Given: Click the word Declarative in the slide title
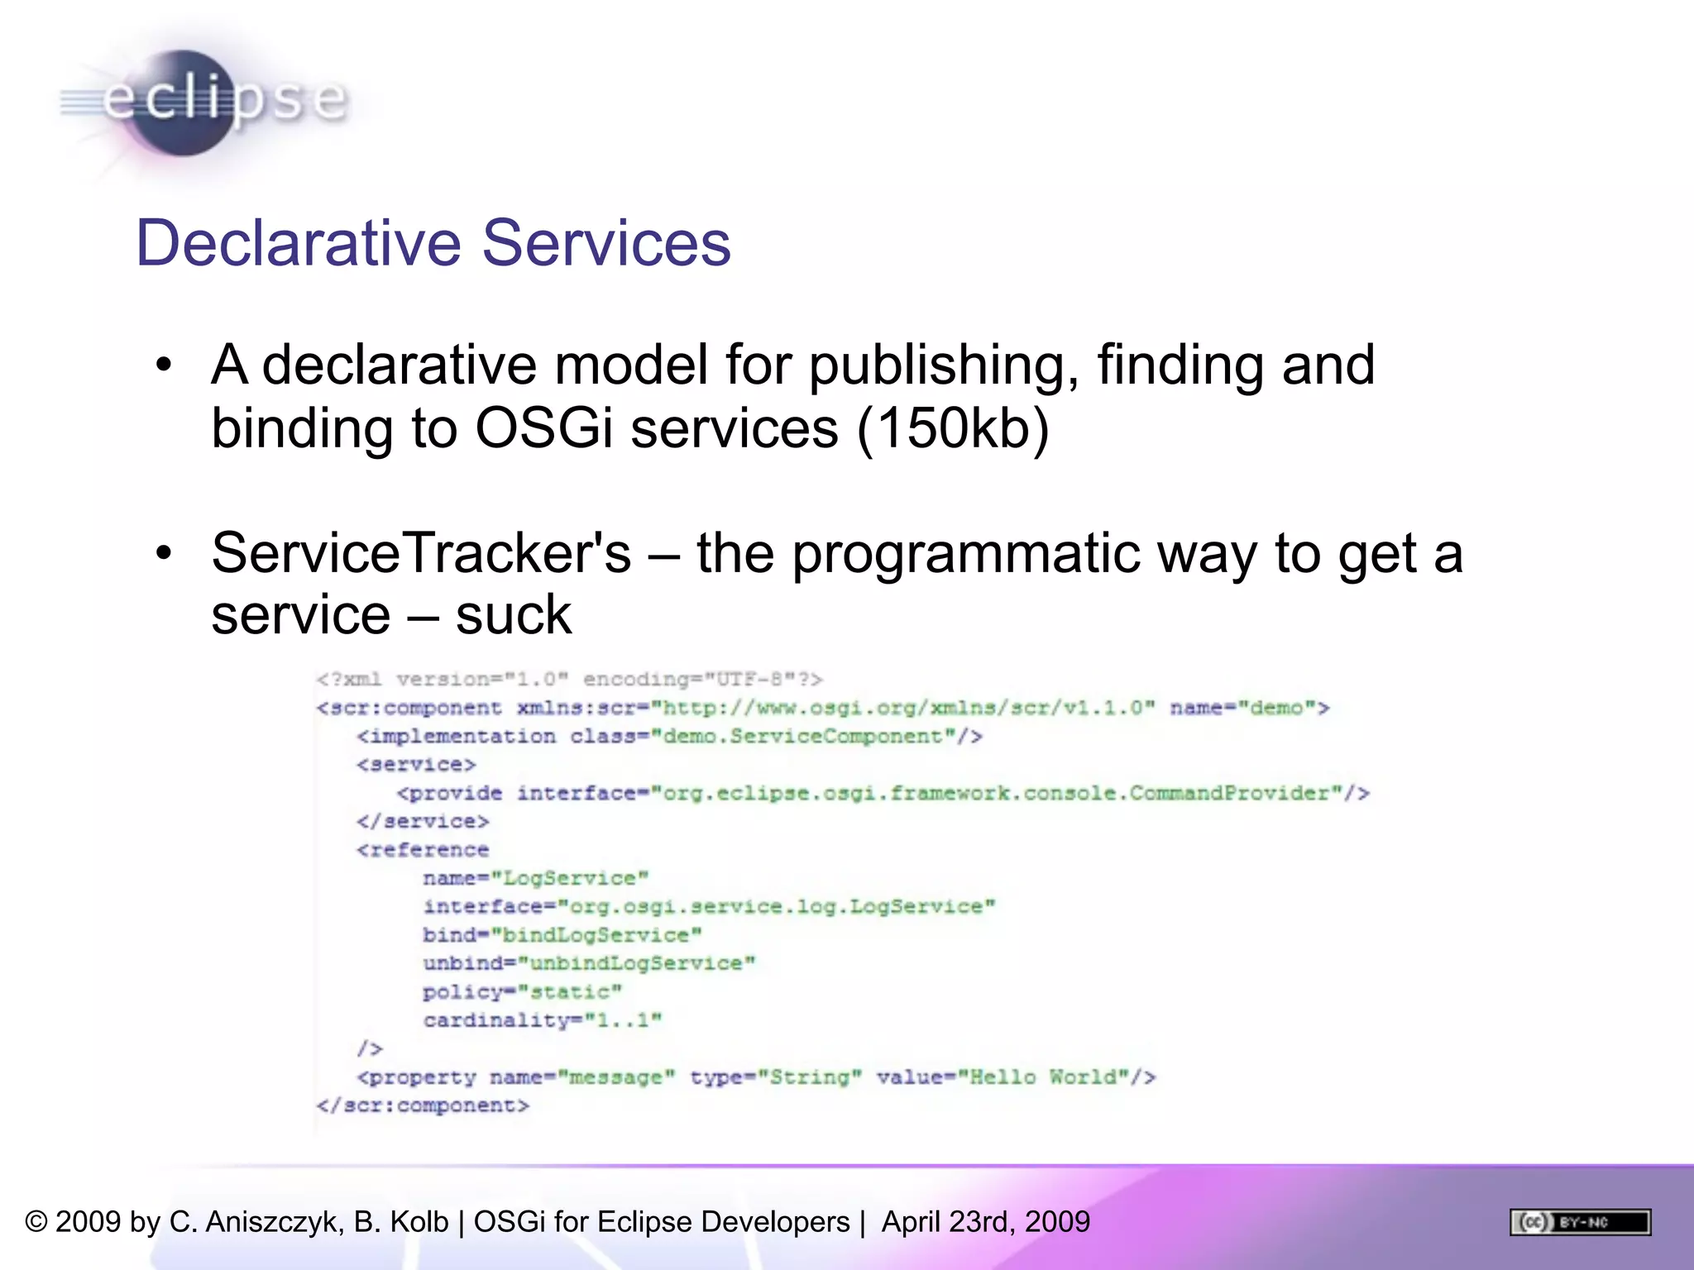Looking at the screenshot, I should tap(299, 243).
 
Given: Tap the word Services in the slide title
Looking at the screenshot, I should tap(606, 243).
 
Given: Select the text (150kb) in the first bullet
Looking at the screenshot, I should tap(953, 428).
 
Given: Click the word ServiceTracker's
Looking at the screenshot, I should tap(421, 553).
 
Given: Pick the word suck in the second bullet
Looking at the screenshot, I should tap(513, 615).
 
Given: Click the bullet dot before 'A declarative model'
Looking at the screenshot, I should tap(164, 365).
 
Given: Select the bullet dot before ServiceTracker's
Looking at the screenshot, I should tap(164, 553).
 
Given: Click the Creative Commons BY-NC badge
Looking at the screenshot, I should tap(1580, 1222).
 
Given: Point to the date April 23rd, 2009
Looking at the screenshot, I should tap(986, 1222).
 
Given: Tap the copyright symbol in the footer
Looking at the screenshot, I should tap(36, 1222).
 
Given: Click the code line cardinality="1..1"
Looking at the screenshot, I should tap(543, 1020).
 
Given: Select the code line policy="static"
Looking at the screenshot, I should tap(522, 991).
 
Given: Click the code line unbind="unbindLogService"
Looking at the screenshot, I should tap(589, 963).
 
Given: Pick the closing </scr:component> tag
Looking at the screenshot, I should tap(423, 1105).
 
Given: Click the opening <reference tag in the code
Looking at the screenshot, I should tap(423, 850).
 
